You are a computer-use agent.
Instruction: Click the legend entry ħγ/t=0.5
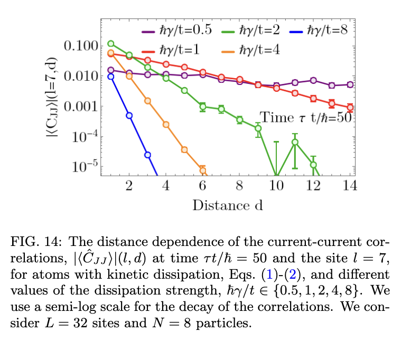click(176, 30)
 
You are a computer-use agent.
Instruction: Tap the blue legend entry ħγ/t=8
click(319, 30)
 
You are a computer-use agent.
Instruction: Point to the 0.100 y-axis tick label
click(81, 45)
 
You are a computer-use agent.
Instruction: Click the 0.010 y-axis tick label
click(81, 76)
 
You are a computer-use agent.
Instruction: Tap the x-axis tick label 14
click(350, 186)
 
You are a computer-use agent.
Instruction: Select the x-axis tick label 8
click(239, 186)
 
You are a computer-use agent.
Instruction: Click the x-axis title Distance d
click(228, 205)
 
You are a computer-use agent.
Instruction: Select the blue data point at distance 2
click(129, 115)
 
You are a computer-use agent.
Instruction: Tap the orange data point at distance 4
click(166, 125)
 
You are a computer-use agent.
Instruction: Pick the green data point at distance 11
click(295, 142)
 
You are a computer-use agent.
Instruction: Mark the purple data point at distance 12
click(313, 80)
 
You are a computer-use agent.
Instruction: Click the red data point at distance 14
click(350, 108)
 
